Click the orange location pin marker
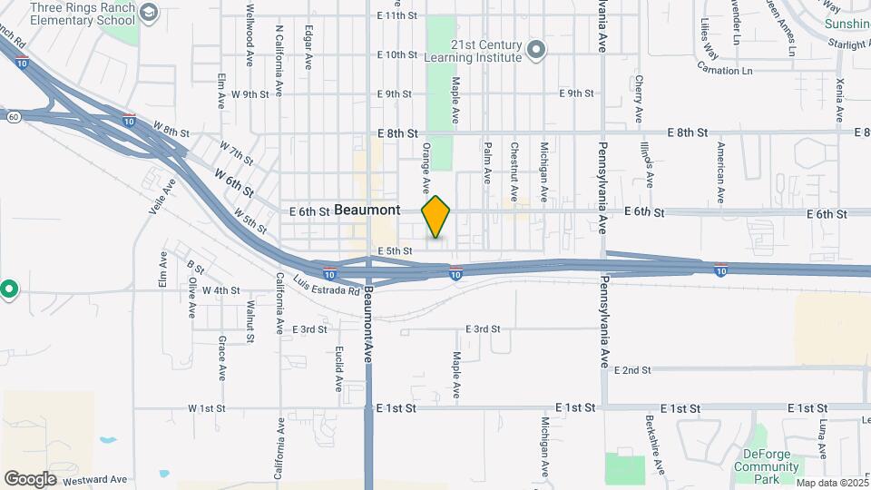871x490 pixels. click(x=436, y=217)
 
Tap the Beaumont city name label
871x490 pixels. click(x=367, y=210)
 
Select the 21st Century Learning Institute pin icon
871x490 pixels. click(x=536, y=49)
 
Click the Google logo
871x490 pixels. click(x=30, y=478)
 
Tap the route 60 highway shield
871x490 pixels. click(x=13, y=117)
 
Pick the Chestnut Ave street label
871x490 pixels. click(x=514, y=171)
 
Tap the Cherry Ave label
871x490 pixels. click(x=639, y=99)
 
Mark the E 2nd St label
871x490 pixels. click(x=632, y=370)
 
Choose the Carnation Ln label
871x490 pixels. click(x=724, y=69)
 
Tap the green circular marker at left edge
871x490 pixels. click(x=8, y=290)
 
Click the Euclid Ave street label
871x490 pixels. click(x=338, y=368)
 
